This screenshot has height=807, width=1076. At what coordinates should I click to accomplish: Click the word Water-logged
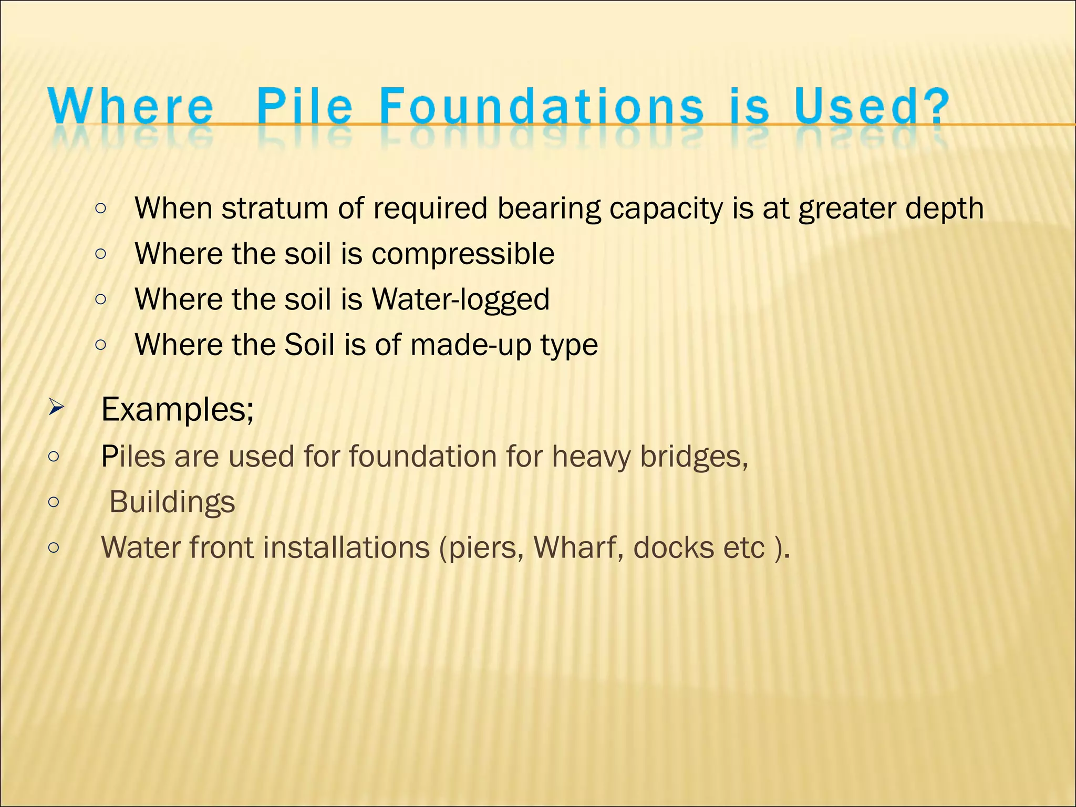coord(460,300)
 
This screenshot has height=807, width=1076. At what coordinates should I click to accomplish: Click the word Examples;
coord(178,409)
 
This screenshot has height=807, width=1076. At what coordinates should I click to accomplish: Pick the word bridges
coord(694,457)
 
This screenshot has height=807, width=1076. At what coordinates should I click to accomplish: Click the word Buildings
coord(172,502)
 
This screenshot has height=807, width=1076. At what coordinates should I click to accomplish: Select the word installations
coord(346,547)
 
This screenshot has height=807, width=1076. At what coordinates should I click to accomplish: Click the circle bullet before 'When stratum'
coord(101,209)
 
